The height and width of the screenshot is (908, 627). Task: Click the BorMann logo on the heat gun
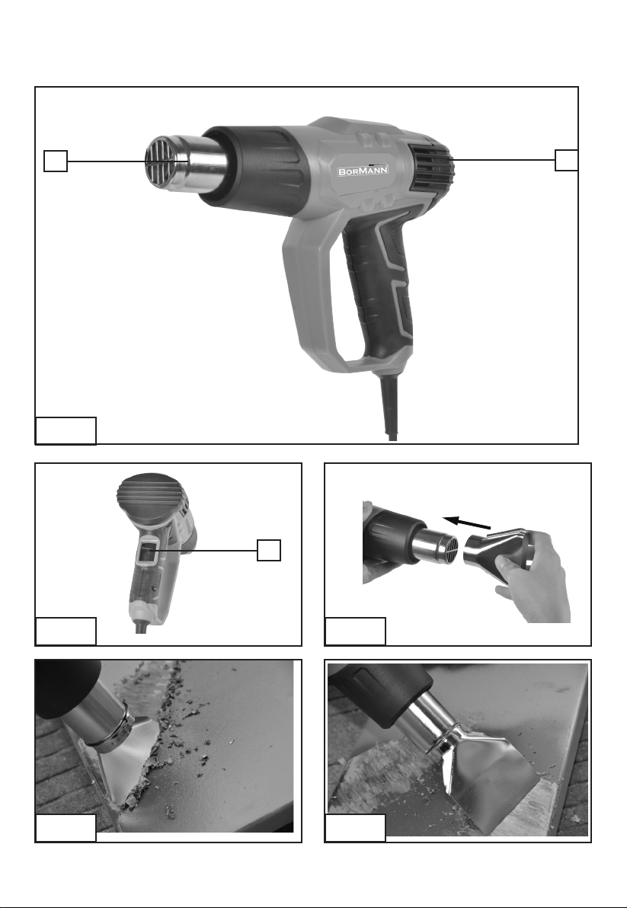pyautogui.click(x=363, y=171)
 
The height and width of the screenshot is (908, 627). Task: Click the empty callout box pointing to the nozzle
pyautogui.click(x=56, y=161)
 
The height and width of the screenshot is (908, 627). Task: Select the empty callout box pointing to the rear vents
pyautogui.click(x=566, y=161)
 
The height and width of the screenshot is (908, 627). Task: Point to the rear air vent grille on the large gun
pyautogui.click(x=431, y=168)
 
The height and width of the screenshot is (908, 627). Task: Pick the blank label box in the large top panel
pyautogui.click(x=66, y=430)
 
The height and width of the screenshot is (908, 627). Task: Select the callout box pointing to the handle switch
pyautogui.click(x=269, y=550)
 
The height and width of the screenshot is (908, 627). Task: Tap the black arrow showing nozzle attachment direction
pyautogui.click(x=466, y=523)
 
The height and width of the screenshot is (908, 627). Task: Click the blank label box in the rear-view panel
pyautogui.click(x=66, y=631)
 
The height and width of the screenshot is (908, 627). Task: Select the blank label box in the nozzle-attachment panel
pyautogui.click(x=356, y=631)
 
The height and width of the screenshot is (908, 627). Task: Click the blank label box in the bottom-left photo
pyautogui.click(x=66, y=828)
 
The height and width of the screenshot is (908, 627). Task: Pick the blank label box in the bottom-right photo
pyautogui.click(x=356, y=828)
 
